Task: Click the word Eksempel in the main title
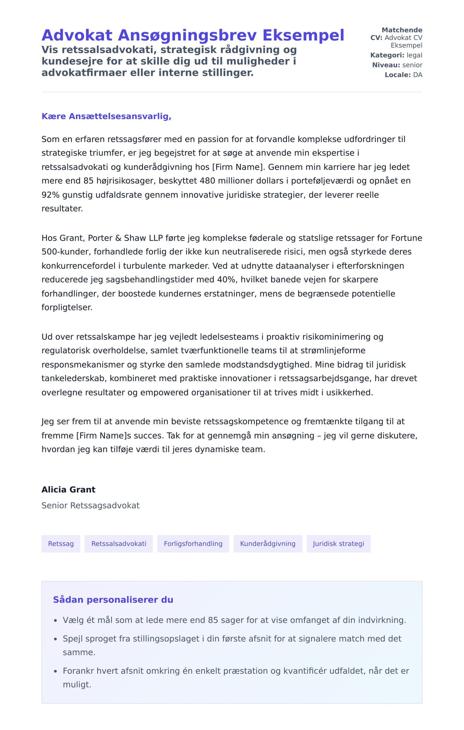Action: point(303,36)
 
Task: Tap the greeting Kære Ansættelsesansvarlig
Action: point(106,116)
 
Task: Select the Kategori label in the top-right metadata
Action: point(387,55)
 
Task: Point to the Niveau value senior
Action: point(412,65)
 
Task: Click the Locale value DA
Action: point(418,75)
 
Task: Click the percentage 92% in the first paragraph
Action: point(51,195)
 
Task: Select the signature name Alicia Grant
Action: point(68,490)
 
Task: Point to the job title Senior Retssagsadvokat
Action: point(90,505)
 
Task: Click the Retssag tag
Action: point(61,544)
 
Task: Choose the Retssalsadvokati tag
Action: point(119,544)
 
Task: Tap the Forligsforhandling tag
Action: point(193,544)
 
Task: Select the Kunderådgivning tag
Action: point(268,544)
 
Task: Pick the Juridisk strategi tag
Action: point(338,544)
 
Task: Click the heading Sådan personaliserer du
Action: point(113,600)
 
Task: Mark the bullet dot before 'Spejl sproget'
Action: point(55,639)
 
